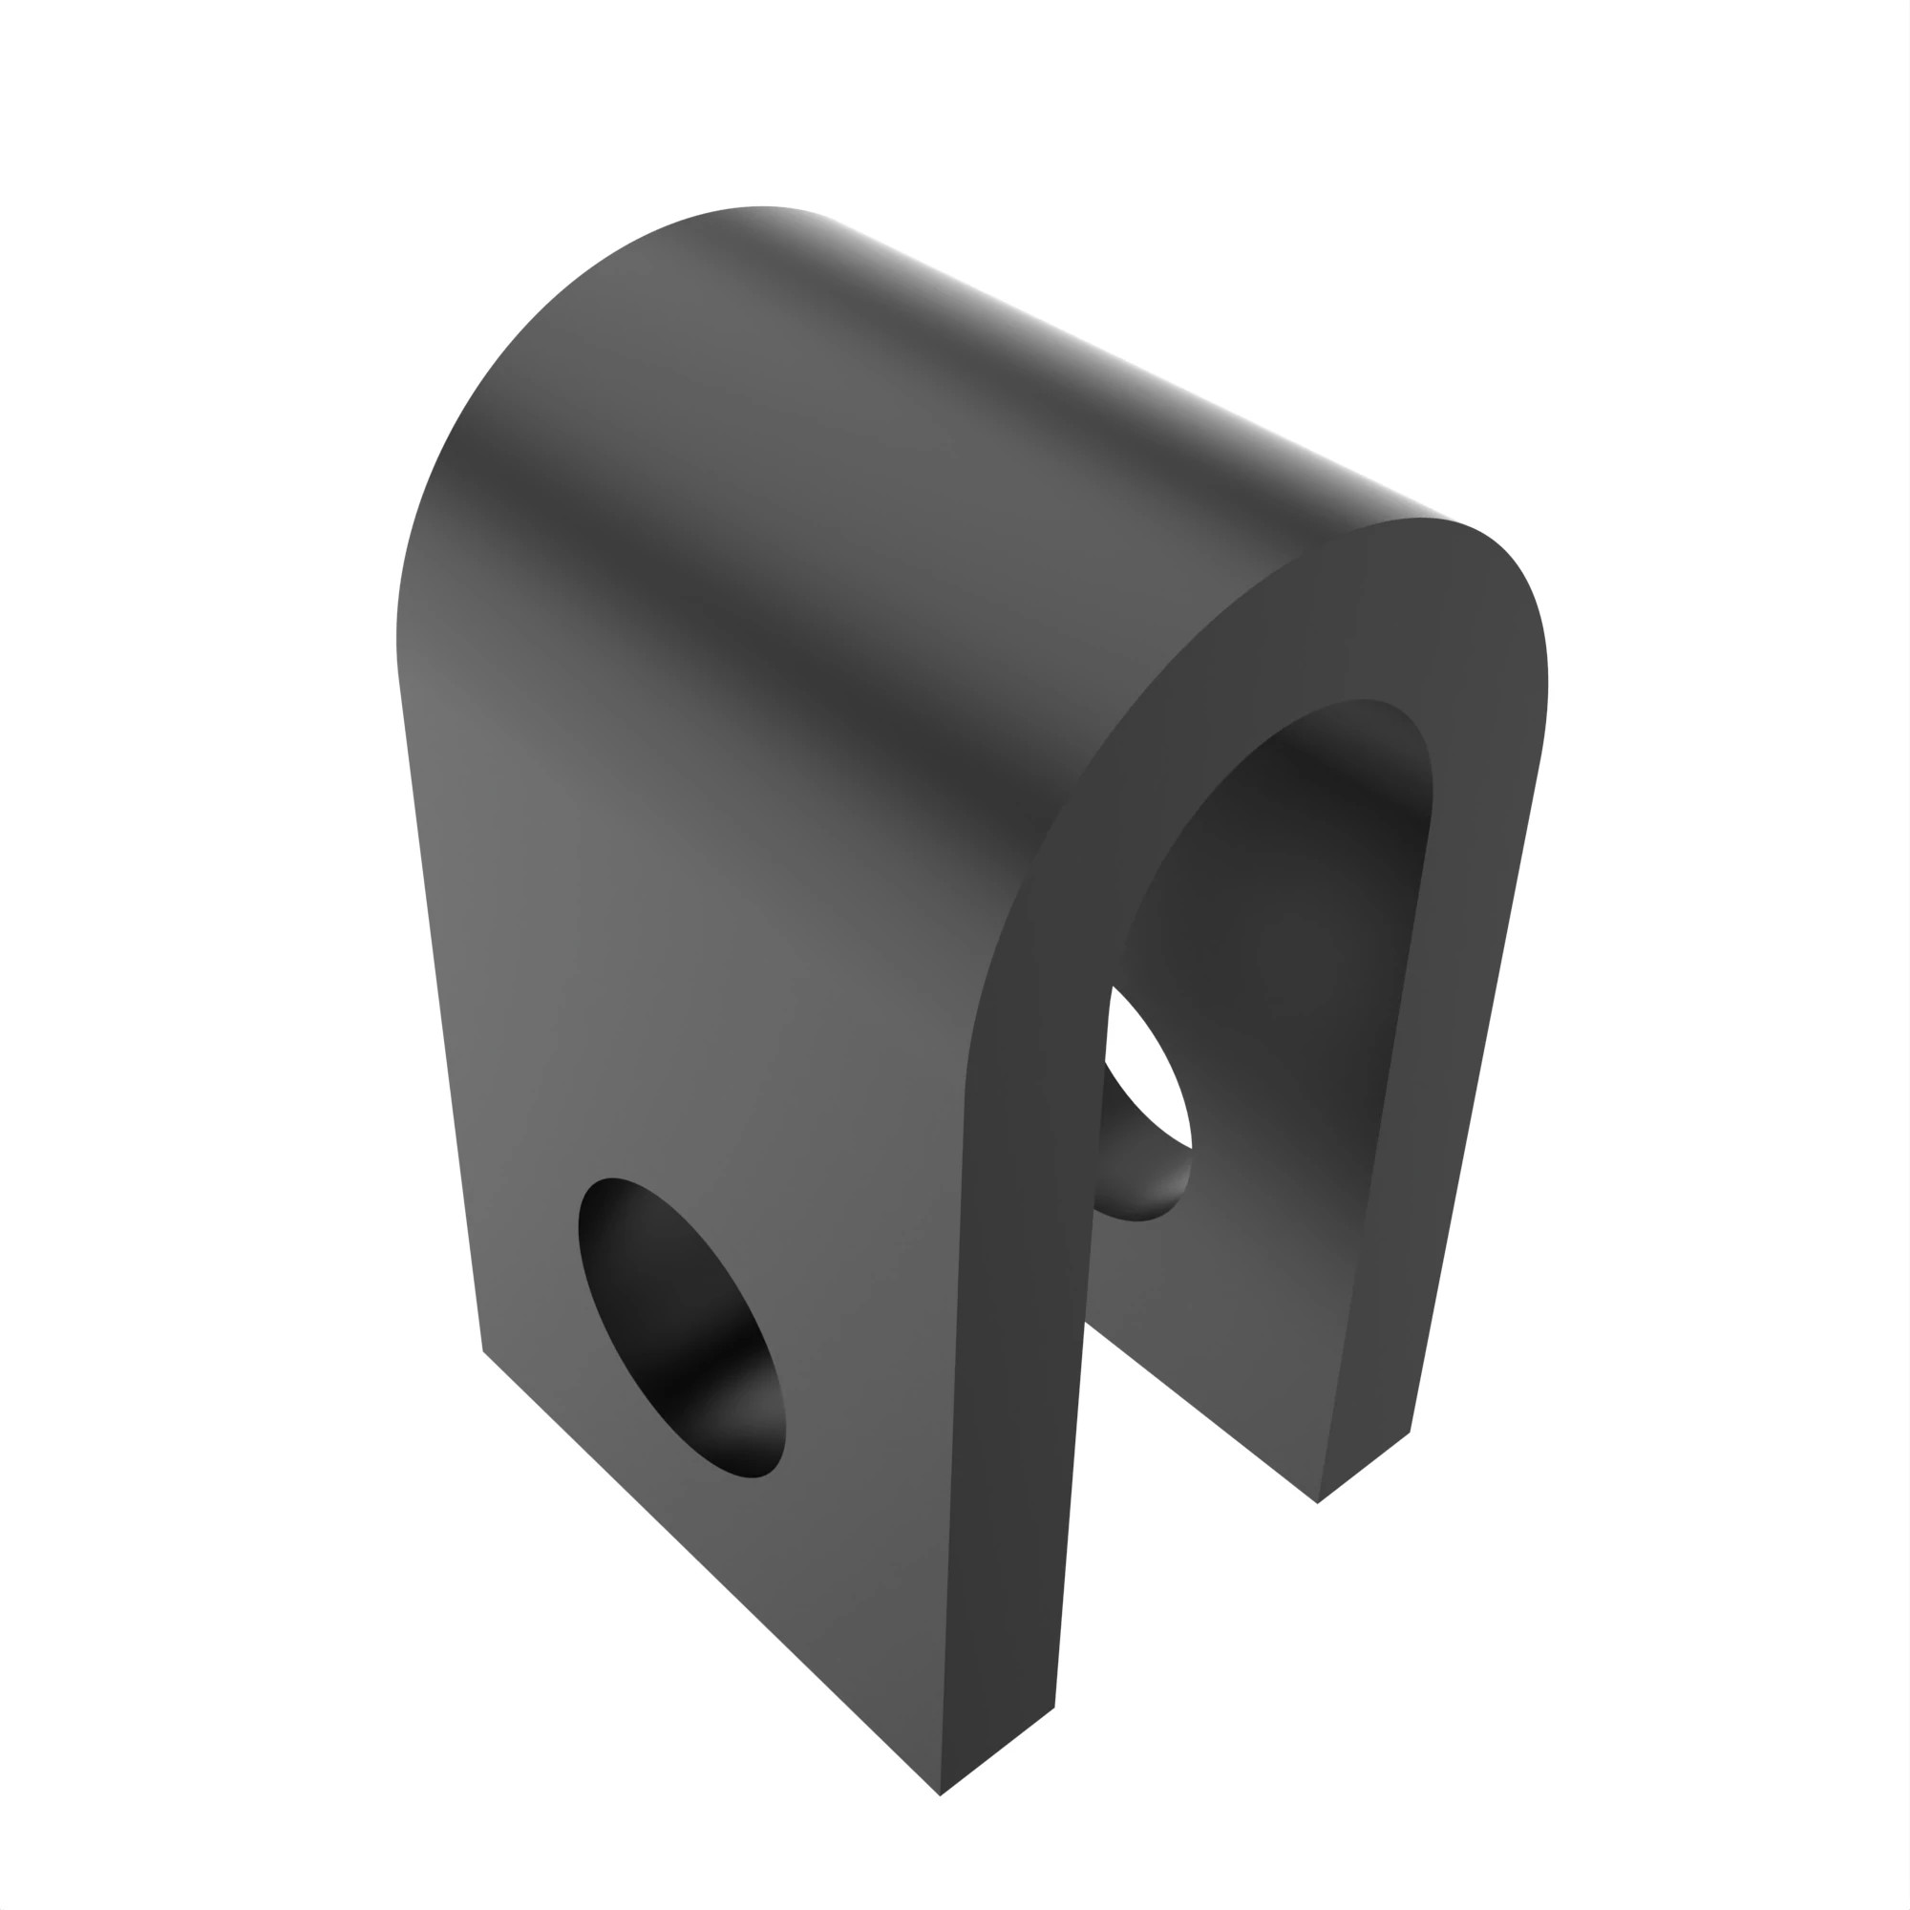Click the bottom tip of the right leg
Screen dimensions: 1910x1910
(x=1318, y=1502)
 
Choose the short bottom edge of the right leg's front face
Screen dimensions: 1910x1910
(x=1365, y=1467)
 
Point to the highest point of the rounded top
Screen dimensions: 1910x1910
(x=761, y=206)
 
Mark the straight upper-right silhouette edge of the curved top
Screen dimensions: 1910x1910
(x=1136, y=366)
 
